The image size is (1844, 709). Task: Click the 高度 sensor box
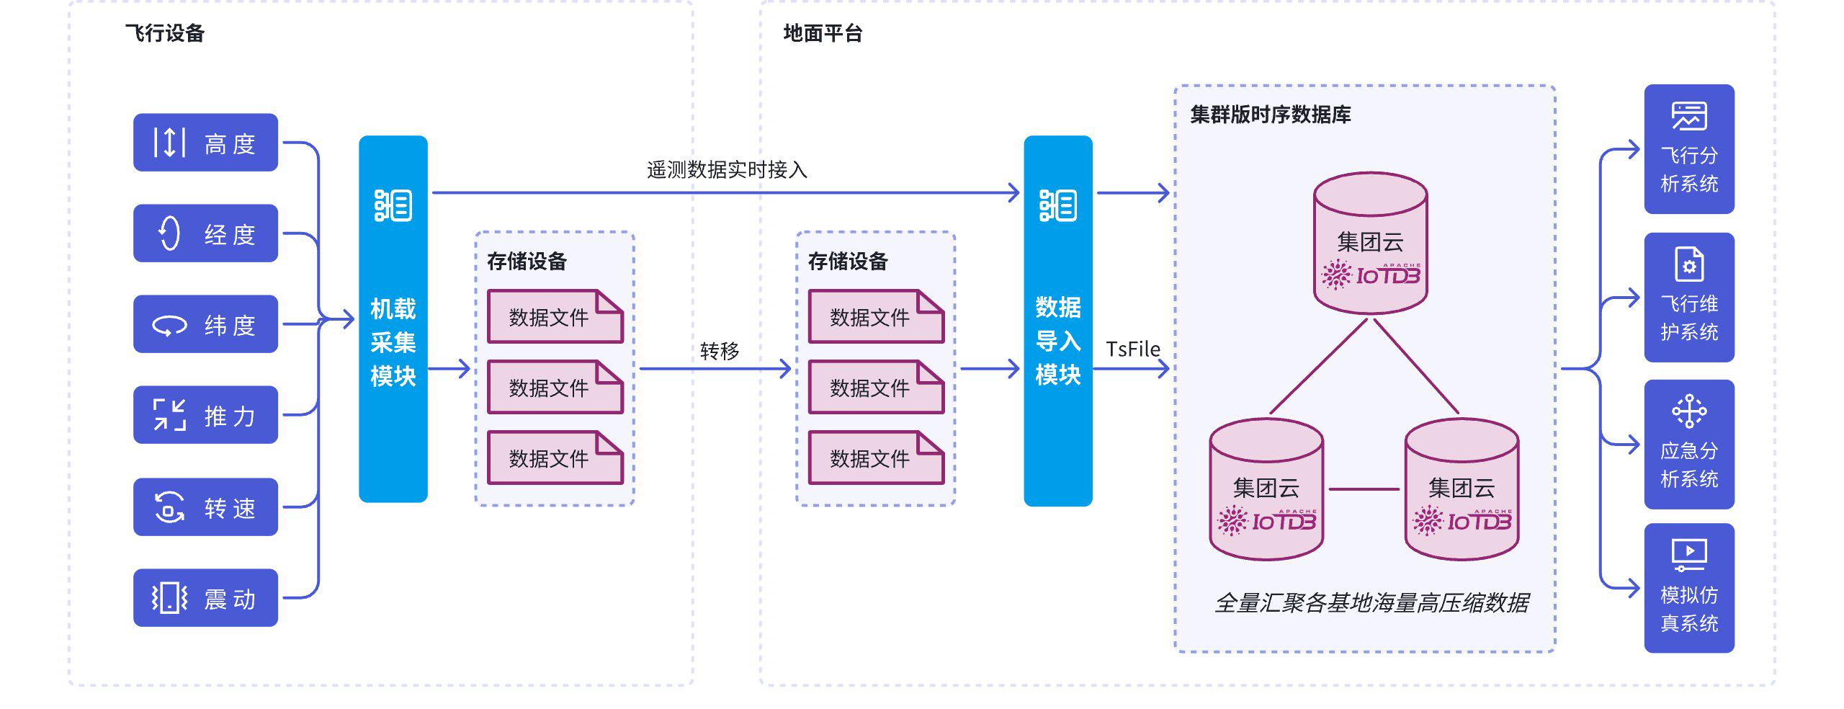tap(205, 143)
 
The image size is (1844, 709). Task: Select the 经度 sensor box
tap(205, 233)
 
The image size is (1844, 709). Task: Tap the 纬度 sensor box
tap(205, 324)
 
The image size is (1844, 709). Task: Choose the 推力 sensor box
tap(205, 415)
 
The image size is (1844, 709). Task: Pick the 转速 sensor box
tap(205, 507)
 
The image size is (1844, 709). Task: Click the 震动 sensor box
tap(205, 598)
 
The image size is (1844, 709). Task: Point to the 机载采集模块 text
tap(393, 343)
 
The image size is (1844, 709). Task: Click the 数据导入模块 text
tap(1057, 342)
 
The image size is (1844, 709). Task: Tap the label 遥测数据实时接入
tap(727, 170)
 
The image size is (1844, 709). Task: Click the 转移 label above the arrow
tap(720, 351)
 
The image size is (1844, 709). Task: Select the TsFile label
tap(1132, 349)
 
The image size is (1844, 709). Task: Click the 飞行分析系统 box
tap(1689, 149)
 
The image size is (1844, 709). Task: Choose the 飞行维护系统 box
tap(1689, 298)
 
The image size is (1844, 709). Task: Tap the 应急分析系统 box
tap(1689, 445)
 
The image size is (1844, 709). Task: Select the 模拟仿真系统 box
tap(1689, 588)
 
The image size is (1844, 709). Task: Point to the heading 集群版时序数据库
tap(1270, 115)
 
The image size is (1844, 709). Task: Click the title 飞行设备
tap(165, 33)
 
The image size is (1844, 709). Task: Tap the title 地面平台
tap(823, 33)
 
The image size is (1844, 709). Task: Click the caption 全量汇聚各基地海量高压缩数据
tap(1371, 603)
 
